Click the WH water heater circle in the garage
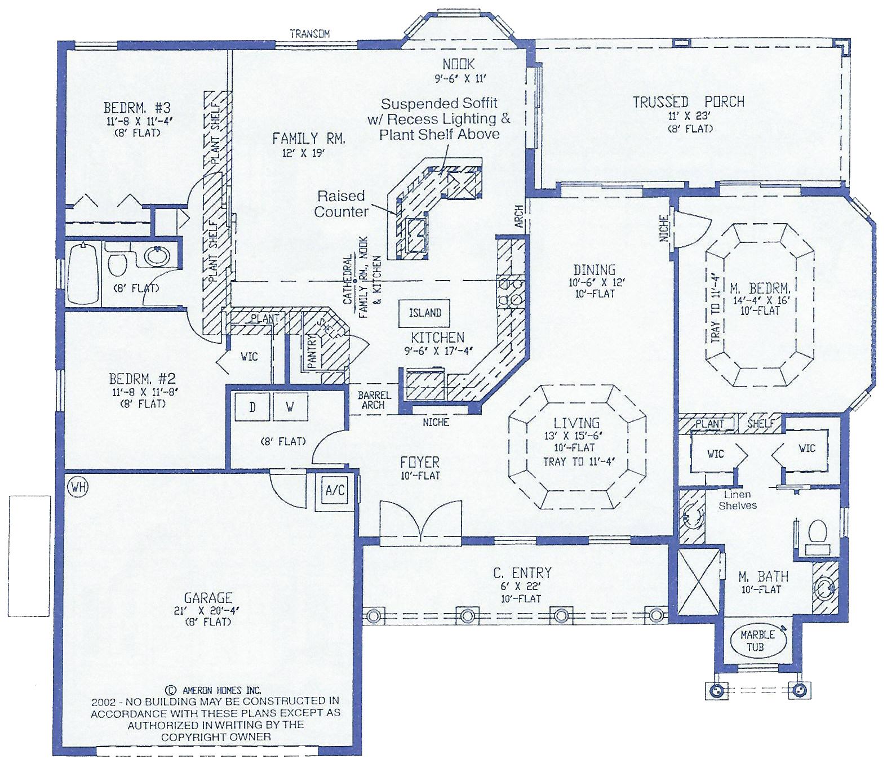tap(78, 487)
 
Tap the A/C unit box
tap(335, 490)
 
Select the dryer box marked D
tap(252, 407)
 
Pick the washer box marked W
tap(290, 407)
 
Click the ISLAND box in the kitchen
tap(425, 313)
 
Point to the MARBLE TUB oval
tap(757, 641)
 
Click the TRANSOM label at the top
tap(309, 34)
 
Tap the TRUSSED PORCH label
tap(688, 102)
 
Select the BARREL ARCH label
tap(374, 400)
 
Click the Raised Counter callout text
tap(341, 204)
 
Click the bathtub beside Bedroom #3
tap(83, 273)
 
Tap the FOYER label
tap(420, 463)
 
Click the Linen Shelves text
tap(737, 500)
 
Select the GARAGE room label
tap(208, 598)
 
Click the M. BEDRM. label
tap(760, 288)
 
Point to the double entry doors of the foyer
tap(420, 521)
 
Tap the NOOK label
tap(458, 64)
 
